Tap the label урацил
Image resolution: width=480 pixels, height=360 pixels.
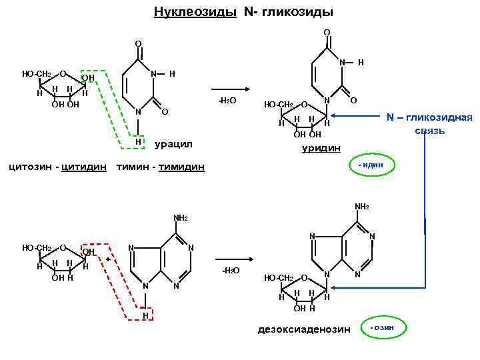173,143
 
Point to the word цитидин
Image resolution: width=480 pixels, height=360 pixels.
83,165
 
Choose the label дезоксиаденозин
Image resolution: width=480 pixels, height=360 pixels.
303,329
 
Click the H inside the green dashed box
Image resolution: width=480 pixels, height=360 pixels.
138,141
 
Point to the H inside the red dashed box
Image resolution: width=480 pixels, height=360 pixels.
145,315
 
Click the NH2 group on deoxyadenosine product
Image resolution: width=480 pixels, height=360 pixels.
362,207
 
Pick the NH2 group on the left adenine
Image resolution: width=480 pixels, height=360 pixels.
180,218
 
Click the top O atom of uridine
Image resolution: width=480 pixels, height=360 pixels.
327,31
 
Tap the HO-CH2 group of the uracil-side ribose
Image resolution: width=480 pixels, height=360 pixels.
36,73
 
